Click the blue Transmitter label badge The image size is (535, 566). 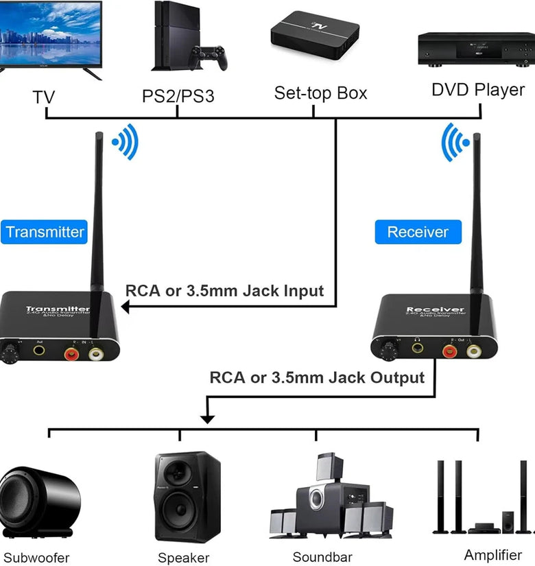click(45, 232)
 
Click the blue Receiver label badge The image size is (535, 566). click(417, 232)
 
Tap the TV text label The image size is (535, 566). click(44, 97)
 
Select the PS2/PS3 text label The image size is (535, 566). click(178, 95)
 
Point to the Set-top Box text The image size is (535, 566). click(320, 93)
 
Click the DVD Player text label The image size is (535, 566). click(477, 90)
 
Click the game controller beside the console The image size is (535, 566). click(209, 57)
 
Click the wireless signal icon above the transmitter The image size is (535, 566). click(126, 142)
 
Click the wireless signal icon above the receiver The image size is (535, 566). click(455, 142)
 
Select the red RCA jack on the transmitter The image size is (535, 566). click(71, 354)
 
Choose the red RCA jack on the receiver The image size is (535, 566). click(449, 351)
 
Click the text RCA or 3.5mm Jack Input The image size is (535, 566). click(224, 290)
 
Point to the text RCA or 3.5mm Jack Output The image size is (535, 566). click(317, 377)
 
